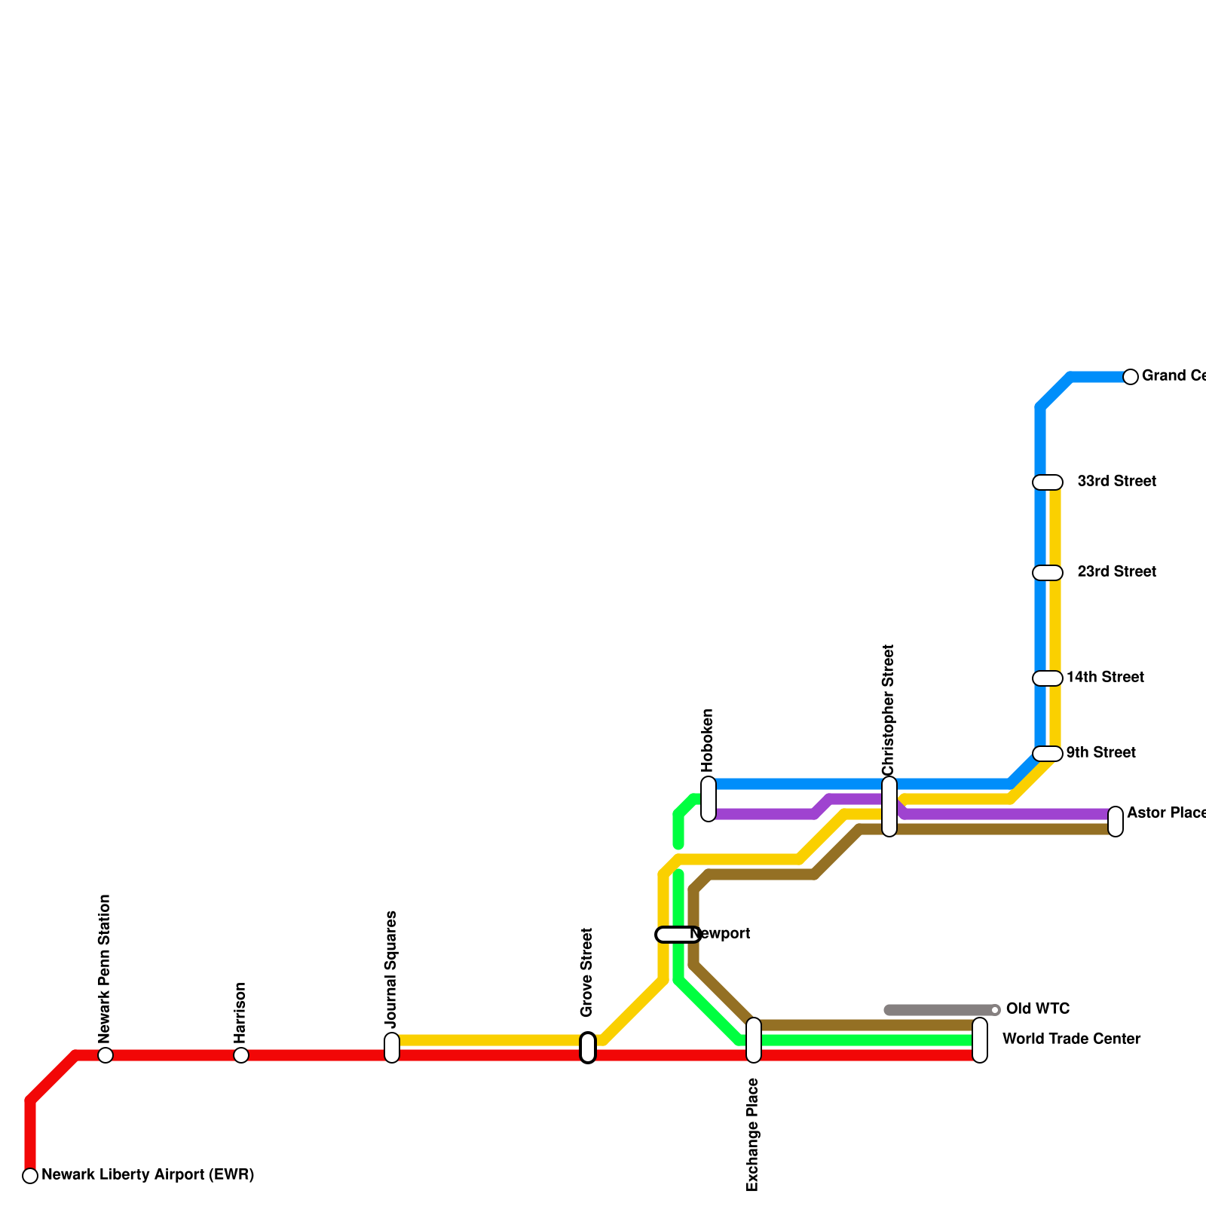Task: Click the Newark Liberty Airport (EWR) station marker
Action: click(x=30, y=1175)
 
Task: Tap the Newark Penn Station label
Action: click(x=105, y=969)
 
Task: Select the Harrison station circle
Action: click(x=241, y=1055)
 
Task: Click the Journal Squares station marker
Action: click(x=392, y=1048)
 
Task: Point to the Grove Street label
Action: click(x=587, y=972)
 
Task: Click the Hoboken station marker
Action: click(x=709, y=799)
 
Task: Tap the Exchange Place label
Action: click(x=752, y=1135)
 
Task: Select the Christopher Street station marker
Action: click(x=889, y=807)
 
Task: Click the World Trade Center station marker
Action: click(x=980, y=1040)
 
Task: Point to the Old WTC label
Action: click(x=1038, y=1009)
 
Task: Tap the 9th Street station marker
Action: click(x=1048, y=754)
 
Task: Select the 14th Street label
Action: click(x=1105, y=678)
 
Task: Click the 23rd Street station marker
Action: click(x=1048, y=573)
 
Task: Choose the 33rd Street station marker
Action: click(x=1048, y=482)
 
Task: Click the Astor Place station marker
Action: click(x=1116, y=822)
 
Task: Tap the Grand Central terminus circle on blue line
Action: click(x=1131, y=377)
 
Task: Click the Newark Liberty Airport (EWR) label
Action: click(x=148, y=1175)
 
